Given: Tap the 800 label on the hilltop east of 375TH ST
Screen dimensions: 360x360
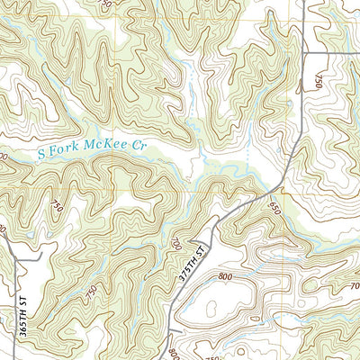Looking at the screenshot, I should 240,262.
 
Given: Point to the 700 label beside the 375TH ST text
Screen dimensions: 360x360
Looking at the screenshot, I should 175,243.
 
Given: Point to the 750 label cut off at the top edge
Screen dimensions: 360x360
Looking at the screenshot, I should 107,4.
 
